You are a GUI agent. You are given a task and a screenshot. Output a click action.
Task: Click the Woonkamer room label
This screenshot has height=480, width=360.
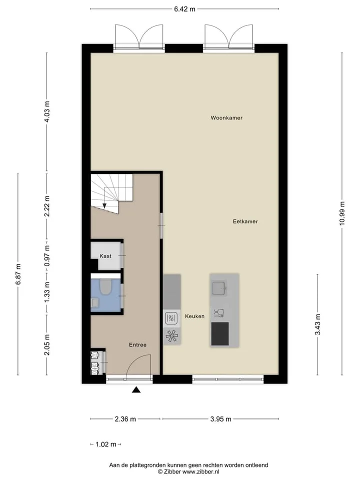click(x=226, y=118)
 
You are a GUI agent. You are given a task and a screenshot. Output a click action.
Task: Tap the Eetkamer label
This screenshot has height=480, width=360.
click(x=245, y=221)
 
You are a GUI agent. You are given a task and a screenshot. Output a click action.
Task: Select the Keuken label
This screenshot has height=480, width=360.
click(x=194, y=316)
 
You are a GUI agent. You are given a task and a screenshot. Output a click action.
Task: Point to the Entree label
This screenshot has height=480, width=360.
click(x=138, y=344)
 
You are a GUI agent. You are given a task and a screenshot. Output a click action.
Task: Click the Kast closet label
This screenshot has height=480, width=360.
click(x=105, y=256)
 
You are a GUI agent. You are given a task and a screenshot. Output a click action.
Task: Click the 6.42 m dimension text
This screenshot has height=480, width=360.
click(x=184, y=9)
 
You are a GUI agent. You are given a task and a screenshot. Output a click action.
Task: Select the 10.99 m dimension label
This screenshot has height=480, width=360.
click(x=342, y=213)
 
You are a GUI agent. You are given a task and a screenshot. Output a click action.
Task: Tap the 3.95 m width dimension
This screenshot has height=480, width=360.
click(x=220, y=419)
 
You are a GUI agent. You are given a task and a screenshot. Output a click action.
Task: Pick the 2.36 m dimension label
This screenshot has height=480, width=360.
click(x=125, y=419)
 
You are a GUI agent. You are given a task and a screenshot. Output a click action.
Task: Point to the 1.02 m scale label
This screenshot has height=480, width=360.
click(x=106, y=444)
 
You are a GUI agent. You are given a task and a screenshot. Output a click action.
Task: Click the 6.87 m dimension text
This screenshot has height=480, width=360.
click(x=18, y=274)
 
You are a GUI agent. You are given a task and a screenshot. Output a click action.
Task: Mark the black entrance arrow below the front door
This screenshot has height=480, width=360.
click(x=136, y=389)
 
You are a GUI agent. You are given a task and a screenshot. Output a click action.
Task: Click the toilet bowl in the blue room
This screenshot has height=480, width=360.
click(x=106, y=287)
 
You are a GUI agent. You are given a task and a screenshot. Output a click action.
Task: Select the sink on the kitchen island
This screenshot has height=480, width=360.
click(x=219, y=288)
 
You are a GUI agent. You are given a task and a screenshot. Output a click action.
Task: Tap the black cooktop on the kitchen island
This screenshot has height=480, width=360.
click(x=220, y=333)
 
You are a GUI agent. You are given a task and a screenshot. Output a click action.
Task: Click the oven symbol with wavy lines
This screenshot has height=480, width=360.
click(x=171, y=318)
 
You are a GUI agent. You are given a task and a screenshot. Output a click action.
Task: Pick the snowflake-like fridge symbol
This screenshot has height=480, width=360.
click(x=171, y=336)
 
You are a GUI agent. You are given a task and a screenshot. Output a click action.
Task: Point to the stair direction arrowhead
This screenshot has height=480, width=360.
click(x=104, y=206)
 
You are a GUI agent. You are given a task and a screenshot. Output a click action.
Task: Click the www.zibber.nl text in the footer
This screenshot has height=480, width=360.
click(x=201, y=471)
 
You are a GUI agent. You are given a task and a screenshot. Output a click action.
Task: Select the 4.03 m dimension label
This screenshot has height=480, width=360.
click(x=47, y=111)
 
